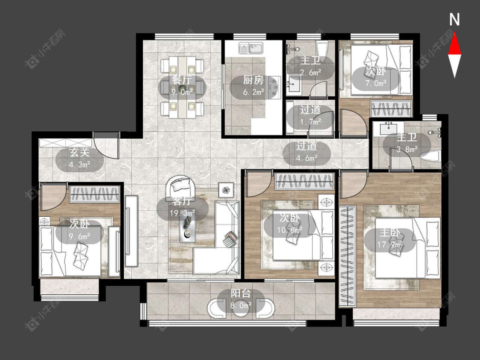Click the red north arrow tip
coord(454,33)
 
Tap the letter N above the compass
coord(454,19)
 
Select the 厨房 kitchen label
coord(253,80)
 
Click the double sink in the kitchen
coord(251,48)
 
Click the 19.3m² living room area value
coord(183,213)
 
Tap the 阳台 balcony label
coord(241,294)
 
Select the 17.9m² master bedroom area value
coord(390,244)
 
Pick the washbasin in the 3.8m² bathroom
coord(389,128)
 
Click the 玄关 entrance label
coord(79,152)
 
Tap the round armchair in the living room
coord(181,186)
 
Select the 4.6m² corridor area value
coord(307,158)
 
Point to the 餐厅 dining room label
coord(182,80)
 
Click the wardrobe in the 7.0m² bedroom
coord(391,108)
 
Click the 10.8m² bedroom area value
coord(290,229)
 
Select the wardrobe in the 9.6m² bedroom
coord(95,195)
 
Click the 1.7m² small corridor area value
coord(310,122)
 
